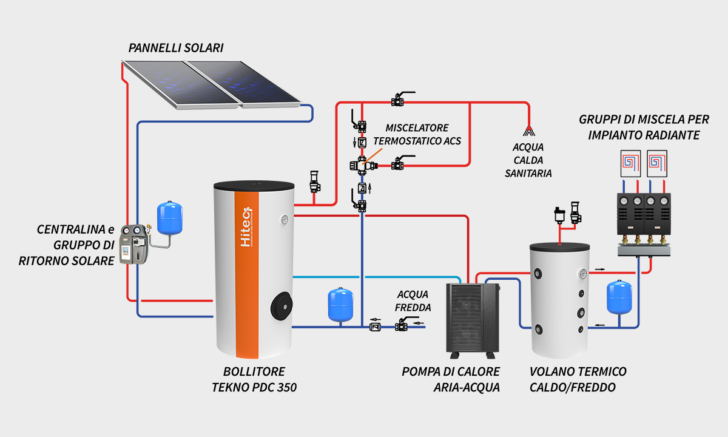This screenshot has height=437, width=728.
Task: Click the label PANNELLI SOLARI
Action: point(176,47)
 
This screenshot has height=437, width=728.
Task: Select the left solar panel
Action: point(176,83)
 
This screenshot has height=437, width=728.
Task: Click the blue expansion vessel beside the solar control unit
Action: point(170,218)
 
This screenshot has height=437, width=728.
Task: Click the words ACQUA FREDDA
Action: point(413,301)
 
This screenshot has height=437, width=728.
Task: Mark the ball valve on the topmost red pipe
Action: point(399,101)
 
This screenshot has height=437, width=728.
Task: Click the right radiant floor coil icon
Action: point(657,162)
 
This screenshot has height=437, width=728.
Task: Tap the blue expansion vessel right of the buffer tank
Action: point(619,297)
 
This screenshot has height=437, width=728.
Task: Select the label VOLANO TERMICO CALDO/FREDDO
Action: point(578,379)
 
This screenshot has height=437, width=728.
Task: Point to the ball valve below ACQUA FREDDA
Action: point(401,327)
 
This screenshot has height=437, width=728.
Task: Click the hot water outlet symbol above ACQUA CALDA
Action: point(530,129)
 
